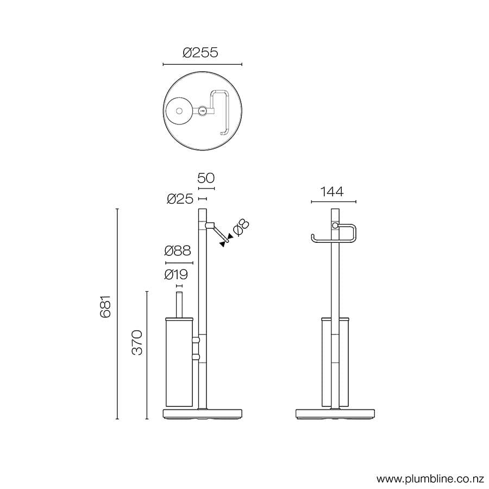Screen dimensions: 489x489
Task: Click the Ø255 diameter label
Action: pos(200,53)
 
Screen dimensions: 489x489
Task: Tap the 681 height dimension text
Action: pos(106,306)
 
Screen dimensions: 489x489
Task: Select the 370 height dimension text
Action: pos(137,342)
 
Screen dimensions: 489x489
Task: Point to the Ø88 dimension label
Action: pos(178,251)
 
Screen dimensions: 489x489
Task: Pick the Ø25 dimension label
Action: pos(180,199)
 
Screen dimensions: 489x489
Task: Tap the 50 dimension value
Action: pos(206,178)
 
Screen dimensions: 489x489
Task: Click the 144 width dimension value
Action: pos(332,192)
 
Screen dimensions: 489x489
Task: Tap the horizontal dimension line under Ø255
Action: pos(202,65)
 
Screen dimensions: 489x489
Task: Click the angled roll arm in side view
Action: pos(219,232)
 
